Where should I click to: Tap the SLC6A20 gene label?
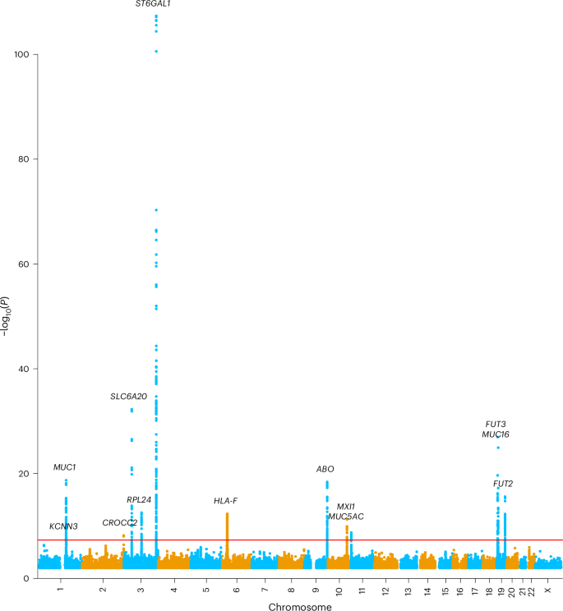(x=129, y=397)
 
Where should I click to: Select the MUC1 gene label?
(x=65, y=467)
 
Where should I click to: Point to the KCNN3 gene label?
(x=63, y=526)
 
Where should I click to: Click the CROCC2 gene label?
(x=120, y=523)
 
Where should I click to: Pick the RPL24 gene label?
(x=139, y=500)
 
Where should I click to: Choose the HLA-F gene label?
(x=226, y=501)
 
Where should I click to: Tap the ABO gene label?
(x=325, y=470)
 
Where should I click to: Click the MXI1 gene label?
(x=346, y=507)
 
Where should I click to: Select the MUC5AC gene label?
(x=346, y=517)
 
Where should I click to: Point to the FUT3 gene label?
(x=496, y=424)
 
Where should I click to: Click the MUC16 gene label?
(x=496, y=434)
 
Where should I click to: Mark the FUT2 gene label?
(x=503, y=484)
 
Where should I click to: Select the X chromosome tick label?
(x=548, y=591)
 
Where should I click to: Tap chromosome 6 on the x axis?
(x=235, y=591)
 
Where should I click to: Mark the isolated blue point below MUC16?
(x=498, y=448)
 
